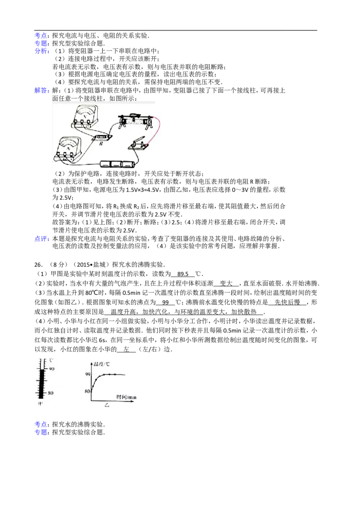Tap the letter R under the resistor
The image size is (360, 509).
coord(101,143)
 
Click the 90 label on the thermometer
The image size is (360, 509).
coord(52,369)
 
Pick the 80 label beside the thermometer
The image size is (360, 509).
coord(50,393)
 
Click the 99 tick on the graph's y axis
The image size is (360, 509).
coord(87,374)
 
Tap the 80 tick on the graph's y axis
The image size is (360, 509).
coord(87,391)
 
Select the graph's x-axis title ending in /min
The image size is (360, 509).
coord(126,397)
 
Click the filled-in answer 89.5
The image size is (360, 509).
coord(183,274)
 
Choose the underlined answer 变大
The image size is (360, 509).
coord(226,283)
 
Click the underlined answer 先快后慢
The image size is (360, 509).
coord(287,302)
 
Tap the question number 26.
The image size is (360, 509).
coord(38,264)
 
